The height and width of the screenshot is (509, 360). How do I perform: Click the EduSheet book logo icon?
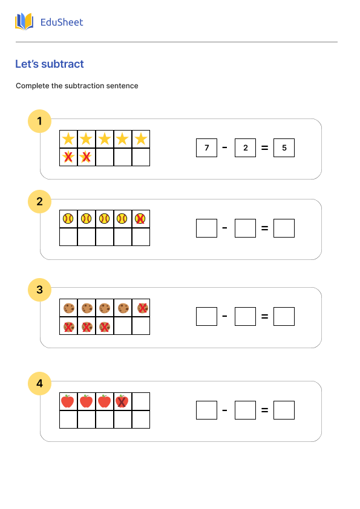point(24,22)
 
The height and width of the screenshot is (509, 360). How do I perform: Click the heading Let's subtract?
point(50,64)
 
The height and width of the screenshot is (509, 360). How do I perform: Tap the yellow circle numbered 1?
point(40,121)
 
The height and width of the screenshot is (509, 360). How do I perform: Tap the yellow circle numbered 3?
point(40,290)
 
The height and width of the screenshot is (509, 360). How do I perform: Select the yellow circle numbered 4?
point(40,383)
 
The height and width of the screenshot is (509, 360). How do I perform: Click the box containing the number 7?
point(206,148)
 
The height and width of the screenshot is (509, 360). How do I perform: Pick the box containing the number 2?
point(245,148)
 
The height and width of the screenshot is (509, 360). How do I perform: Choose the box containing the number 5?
point(284,148)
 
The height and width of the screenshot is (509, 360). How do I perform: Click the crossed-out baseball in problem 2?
point(140,219)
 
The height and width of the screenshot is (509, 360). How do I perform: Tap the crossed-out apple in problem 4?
point(122,401)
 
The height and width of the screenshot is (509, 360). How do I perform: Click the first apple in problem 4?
point(68,401)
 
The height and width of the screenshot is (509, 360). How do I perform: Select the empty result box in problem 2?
point(284,228)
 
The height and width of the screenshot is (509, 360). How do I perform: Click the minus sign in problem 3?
point(225,316)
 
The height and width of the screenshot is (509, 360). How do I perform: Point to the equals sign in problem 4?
point(264,410)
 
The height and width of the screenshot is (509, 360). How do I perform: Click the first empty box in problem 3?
point(206,316)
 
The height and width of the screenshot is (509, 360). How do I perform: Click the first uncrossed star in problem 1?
point(68,139)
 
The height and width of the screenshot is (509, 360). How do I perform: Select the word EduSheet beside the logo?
point(62,22)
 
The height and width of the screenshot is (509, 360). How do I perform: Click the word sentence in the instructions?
point(123,86)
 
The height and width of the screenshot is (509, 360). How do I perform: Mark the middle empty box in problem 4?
point(245,410)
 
